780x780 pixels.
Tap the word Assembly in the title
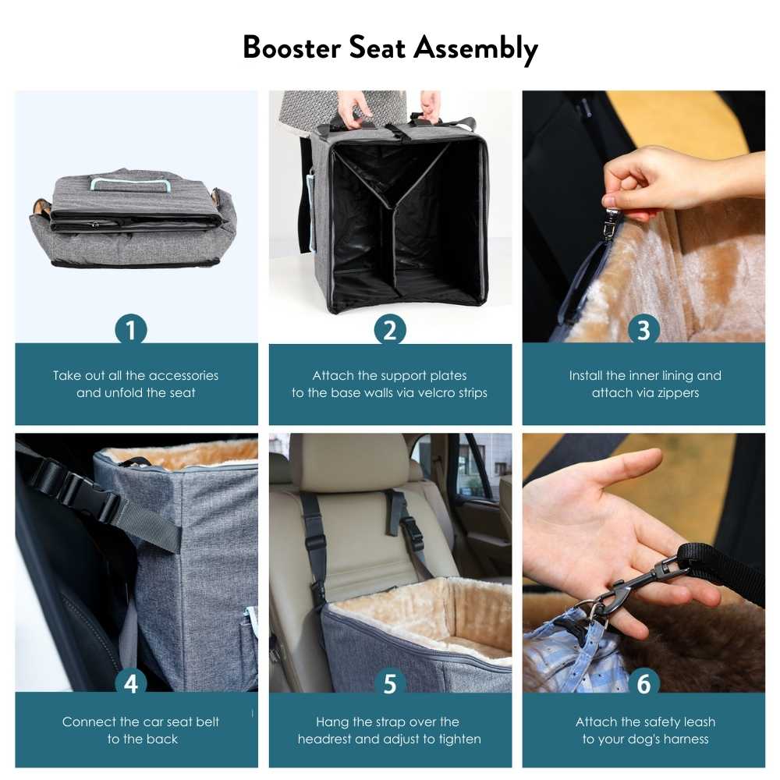(x=475, y=49)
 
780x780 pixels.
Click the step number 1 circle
(x=131, y=330)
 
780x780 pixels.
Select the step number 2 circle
(x=389, y=330)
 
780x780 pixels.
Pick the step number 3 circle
(x=643, y=330)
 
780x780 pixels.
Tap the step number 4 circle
(x=131, y=684)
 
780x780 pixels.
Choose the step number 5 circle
(x=389, y=684)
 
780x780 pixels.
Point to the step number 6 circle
(x=643, y=684)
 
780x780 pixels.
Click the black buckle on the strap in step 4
(x=78, y=489)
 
